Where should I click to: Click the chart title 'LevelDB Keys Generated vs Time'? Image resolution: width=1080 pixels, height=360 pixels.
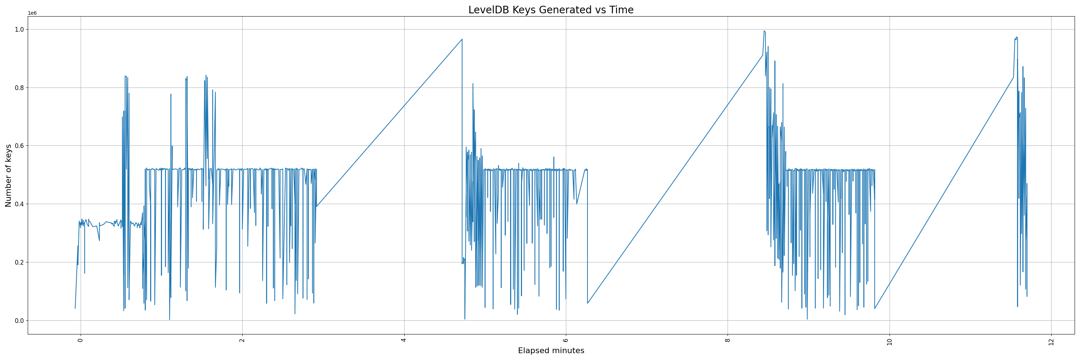tap(550, 10)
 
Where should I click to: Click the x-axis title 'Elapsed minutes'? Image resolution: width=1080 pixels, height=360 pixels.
tap(550, 351)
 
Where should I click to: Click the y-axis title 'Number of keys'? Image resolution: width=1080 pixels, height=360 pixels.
tap(8, 176)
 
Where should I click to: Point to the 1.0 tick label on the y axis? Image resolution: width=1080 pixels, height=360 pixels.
tap(19, 29)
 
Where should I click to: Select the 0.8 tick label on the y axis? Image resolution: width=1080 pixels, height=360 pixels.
tap(19, 87)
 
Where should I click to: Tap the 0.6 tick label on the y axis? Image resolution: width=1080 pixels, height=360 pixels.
tap(19, 146)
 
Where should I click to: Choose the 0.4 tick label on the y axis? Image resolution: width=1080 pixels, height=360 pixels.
tap(19, 204)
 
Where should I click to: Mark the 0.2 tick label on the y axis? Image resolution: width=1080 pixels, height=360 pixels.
tap(19, 262)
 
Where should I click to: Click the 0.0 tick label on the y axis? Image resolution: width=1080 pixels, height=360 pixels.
tap(19, 321)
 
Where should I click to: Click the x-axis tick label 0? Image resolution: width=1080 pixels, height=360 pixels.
tap(81, 340)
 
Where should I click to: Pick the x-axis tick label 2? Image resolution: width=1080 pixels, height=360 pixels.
tap(242, 340)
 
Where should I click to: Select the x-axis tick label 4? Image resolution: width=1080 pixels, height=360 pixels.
tap(404, 340)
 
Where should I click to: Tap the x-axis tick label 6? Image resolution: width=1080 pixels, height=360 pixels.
tap(566, 340)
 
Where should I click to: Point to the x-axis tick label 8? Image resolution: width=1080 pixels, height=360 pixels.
tap(728, 340)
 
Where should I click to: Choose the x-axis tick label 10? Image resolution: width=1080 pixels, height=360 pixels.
tap(889, 341)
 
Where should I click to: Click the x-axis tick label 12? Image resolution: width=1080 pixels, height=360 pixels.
tap(1051, 341)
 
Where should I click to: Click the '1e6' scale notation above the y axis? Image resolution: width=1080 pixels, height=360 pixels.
tap(32, 13)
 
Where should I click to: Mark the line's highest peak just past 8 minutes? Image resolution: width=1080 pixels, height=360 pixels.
tap(764, 31)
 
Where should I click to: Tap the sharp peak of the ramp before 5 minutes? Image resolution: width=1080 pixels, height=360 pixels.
tap(462, 39)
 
